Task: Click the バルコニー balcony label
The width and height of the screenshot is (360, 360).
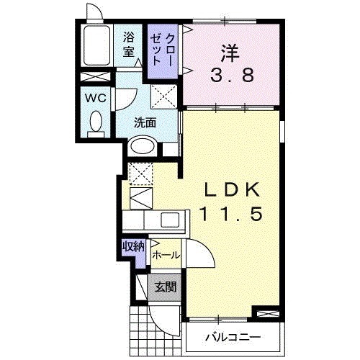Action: (232, 336)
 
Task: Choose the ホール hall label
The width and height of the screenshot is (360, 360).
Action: (166, 255)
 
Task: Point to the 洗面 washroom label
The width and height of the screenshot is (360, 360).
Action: (145, 122)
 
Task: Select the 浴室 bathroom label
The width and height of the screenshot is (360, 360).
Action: (129, 44)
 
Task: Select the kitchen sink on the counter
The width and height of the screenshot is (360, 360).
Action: (171, 220)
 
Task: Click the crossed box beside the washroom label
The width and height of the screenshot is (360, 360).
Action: (164, 95)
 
